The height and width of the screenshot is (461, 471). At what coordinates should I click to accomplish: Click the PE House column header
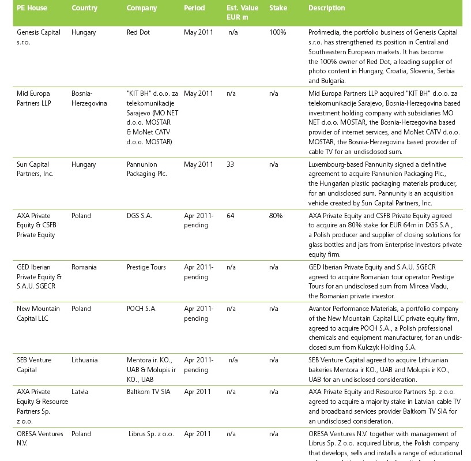click(x=32, y=8)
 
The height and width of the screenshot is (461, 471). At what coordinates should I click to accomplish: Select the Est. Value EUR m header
click(x=242, y=13)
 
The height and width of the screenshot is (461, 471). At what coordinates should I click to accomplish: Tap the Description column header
click(x=326, y=8)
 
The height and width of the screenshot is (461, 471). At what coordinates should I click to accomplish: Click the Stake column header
click(x=278, y=8)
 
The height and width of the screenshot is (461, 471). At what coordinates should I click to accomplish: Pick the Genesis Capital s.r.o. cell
click(x=39, y=37)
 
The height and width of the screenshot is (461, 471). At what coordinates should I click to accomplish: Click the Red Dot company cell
click(x=138, y=32)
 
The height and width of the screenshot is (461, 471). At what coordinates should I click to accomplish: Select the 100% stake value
click(x=277, y=32)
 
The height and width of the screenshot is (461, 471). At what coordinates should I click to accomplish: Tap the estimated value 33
click(x=230, y=164)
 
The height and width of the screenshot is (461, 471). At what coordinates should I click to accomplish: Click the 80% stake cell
click(x=276, y=216)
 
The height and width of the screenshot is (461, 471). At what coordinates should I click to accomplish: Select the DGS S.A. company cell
click(x=140, y=216)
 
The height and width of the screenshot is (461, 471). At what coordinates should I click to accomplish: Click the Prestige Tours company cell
click(x=146, y=267)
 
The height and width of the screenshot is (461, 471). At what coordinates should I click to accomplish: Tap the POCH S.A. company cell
click(x=141, y=309)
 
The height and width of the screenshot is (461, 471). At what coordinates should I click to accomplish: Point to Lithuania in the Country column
click(x=85, y=360)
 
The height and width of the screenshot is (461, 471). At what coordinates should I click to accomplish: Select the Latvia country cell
click(x=80, y=392)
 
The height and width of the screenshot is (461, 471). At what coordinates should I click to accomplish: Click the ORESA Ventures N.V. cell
click(x=40, y=438)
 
